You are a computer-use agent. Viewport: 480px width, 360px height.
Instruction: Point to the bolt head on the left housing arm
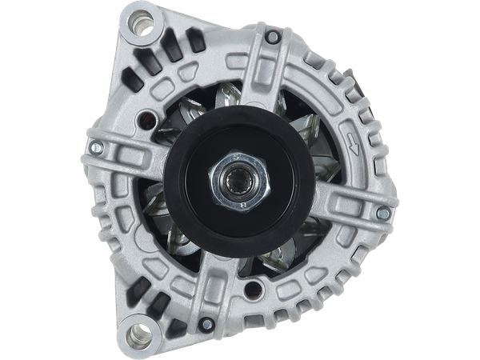96,149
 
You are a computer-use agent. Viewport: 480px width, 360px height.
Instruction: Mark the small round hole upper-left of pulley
146,121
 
